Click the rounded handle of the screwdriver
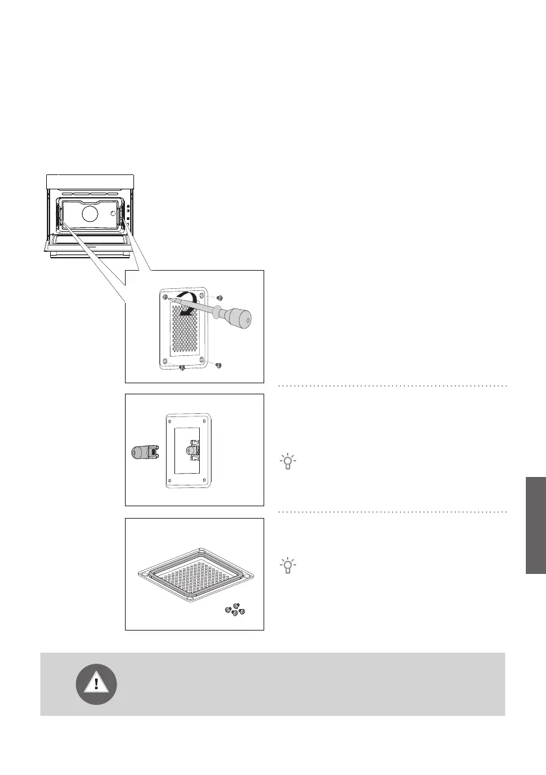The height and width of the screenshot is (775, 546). tap(241, 319)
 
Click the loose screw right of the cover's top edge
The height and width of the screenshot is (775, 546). tap(220, 297)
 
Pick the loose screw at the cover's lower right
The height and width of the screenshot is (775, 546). tap(221, 364)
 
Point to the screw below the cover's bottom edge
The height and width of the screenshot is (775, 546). tap(182, 369)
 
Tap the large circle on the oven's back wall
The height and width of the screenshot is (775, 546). tap(89, 215)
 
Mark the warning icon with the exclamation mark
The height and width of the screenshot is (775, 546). tap(97, 683)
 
